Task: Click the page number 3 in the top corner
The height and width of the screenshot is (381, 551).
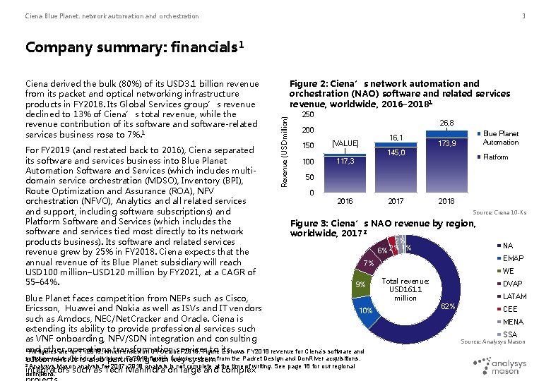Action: (x=523, y=16)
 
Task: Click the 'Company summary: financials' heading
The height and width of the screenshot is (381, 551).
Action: (x=134, y=47)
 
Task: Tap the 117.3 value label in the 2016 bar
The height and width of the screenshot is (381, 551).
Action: (x=345, y=162)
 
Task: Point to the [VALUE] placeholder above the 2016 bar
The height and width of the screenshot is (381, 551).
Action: (x=345, y=144)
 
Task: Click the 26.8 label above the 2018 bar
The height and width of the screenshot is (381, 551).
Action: (x=446, y=123)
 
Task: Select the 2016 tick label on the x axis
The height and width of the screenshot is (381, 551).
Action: (x=345, y=201)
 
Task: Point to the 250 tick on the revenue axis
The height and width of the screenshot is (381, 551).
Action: (x=307, y=114)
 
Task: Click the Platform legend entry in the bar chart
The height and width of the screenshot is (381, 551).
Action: (x=495, y=157)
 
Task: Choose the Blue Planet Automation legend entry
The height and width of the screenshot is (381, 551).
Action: (x=500, y=138)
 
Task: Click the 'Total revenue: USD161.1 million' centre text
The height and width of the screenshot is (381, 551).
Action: (x=405, y=289)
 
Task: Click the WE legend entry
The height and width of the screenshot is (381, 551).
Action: (x=507, y=271)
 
